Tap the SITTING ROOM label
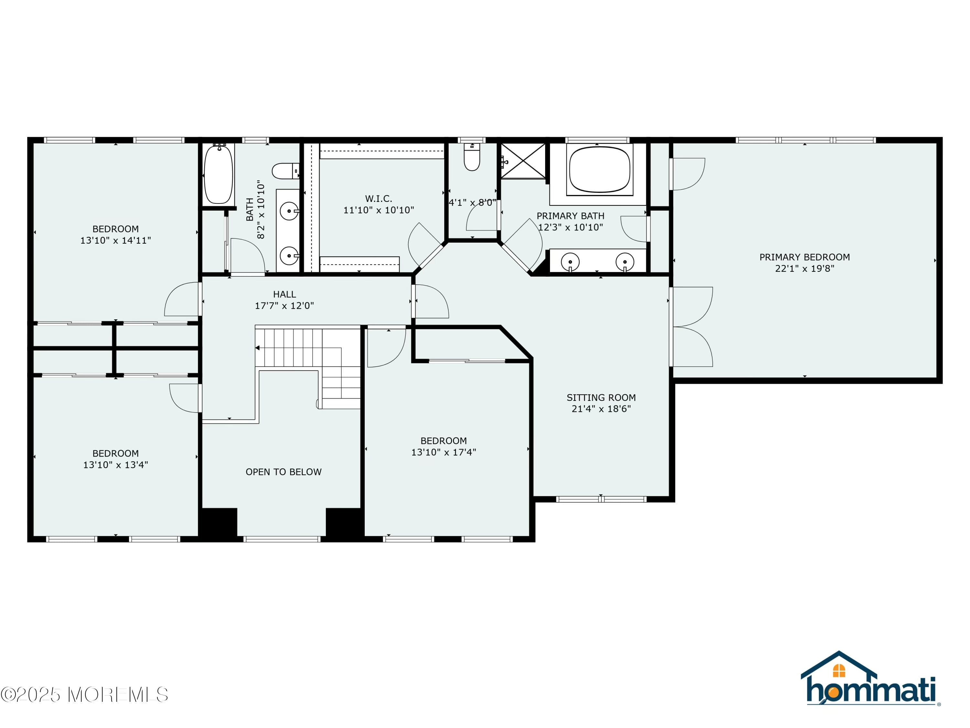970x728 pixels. [x=601, y=398]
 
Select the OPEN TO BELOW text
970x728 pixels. [x=283, y=472]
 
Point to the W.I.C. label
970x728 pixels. [x=378, y=199]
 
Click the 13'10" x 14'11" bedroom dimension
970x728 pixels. [x=115, y=240]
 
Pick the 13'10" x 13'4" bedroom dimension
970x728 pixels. [x=115, y=465]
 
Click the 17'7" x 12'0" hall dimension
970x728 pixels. [x=284, y=305]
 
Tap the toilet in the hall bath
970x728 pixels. [x=286, y=171]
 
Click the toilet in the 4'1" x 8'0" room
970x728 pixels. [x=472, y=157]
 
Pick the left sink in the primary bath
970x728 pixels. [x=570, y=262]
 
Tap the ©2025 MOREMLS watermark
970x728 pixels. [x=84, y=694]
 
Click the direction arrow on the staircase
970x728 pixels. [x=257, y=348]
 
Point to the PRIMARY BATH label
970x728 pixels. [x=570, y=216]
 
